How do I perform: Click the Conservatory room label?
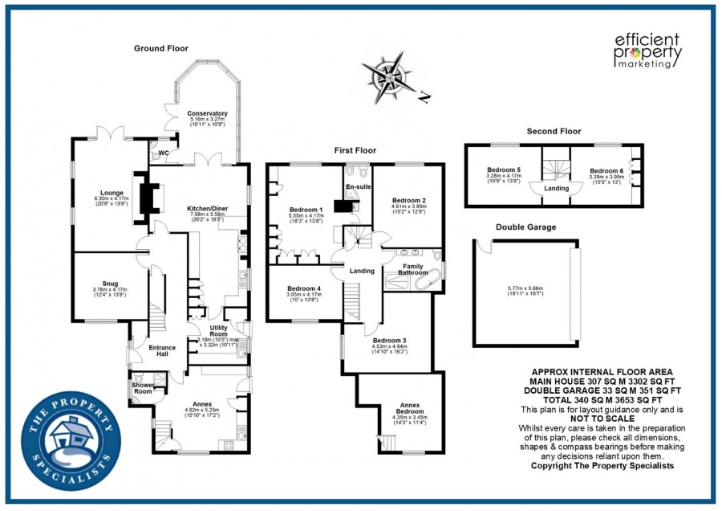point(208,114)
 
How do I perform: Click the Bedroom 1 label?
point(305,211)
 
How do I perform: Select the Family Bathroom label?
point(413,269)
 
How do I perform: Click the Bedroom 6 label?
point(606,171)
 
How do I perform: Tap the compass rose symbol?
point(390,79)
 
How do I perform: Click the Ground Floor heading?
point(160,48)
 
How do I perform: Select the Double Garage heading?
point(525,227)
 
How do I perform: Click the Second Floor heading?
point(554,131)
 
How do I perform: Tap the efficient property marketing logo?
point(647,51)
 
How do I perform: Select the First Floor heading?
point(355,150)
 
